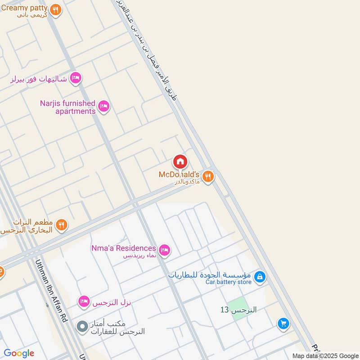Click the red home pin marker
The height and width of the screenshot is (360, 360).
point(180,161)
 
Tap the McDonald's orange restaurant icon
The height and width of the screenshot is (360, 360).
point(207,176)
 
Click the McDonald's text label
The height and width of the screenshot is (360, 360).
point(179,174)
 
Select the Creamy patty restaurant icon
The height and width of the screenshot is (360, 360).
point(55,9)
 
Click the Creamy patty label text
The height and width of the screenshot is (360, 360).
point(24,8)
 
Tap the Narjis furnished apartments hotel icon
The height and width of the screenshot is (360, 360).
point(104,106)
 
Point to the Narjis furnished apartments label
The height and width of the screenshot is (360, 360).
point(67,107)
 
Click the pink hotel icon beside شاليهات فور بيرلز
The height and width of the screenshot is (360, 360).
point(76,78)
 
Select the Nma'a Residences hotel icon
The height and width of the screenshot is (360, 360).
point(165,250)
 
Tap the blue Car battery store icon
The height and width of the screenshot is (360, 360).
point(259,277)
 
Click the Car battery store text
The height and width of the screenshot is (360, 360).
point(228,282)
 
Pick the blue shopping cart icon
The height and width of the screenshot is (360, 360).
point(283,323)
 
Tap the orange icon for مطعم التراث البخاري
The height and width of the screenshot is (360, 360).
point(62,225)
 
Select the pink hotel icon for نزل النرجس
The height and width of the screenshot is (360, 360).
point(83,301)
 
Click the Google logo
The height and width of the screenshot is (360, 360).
point(19,353)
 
